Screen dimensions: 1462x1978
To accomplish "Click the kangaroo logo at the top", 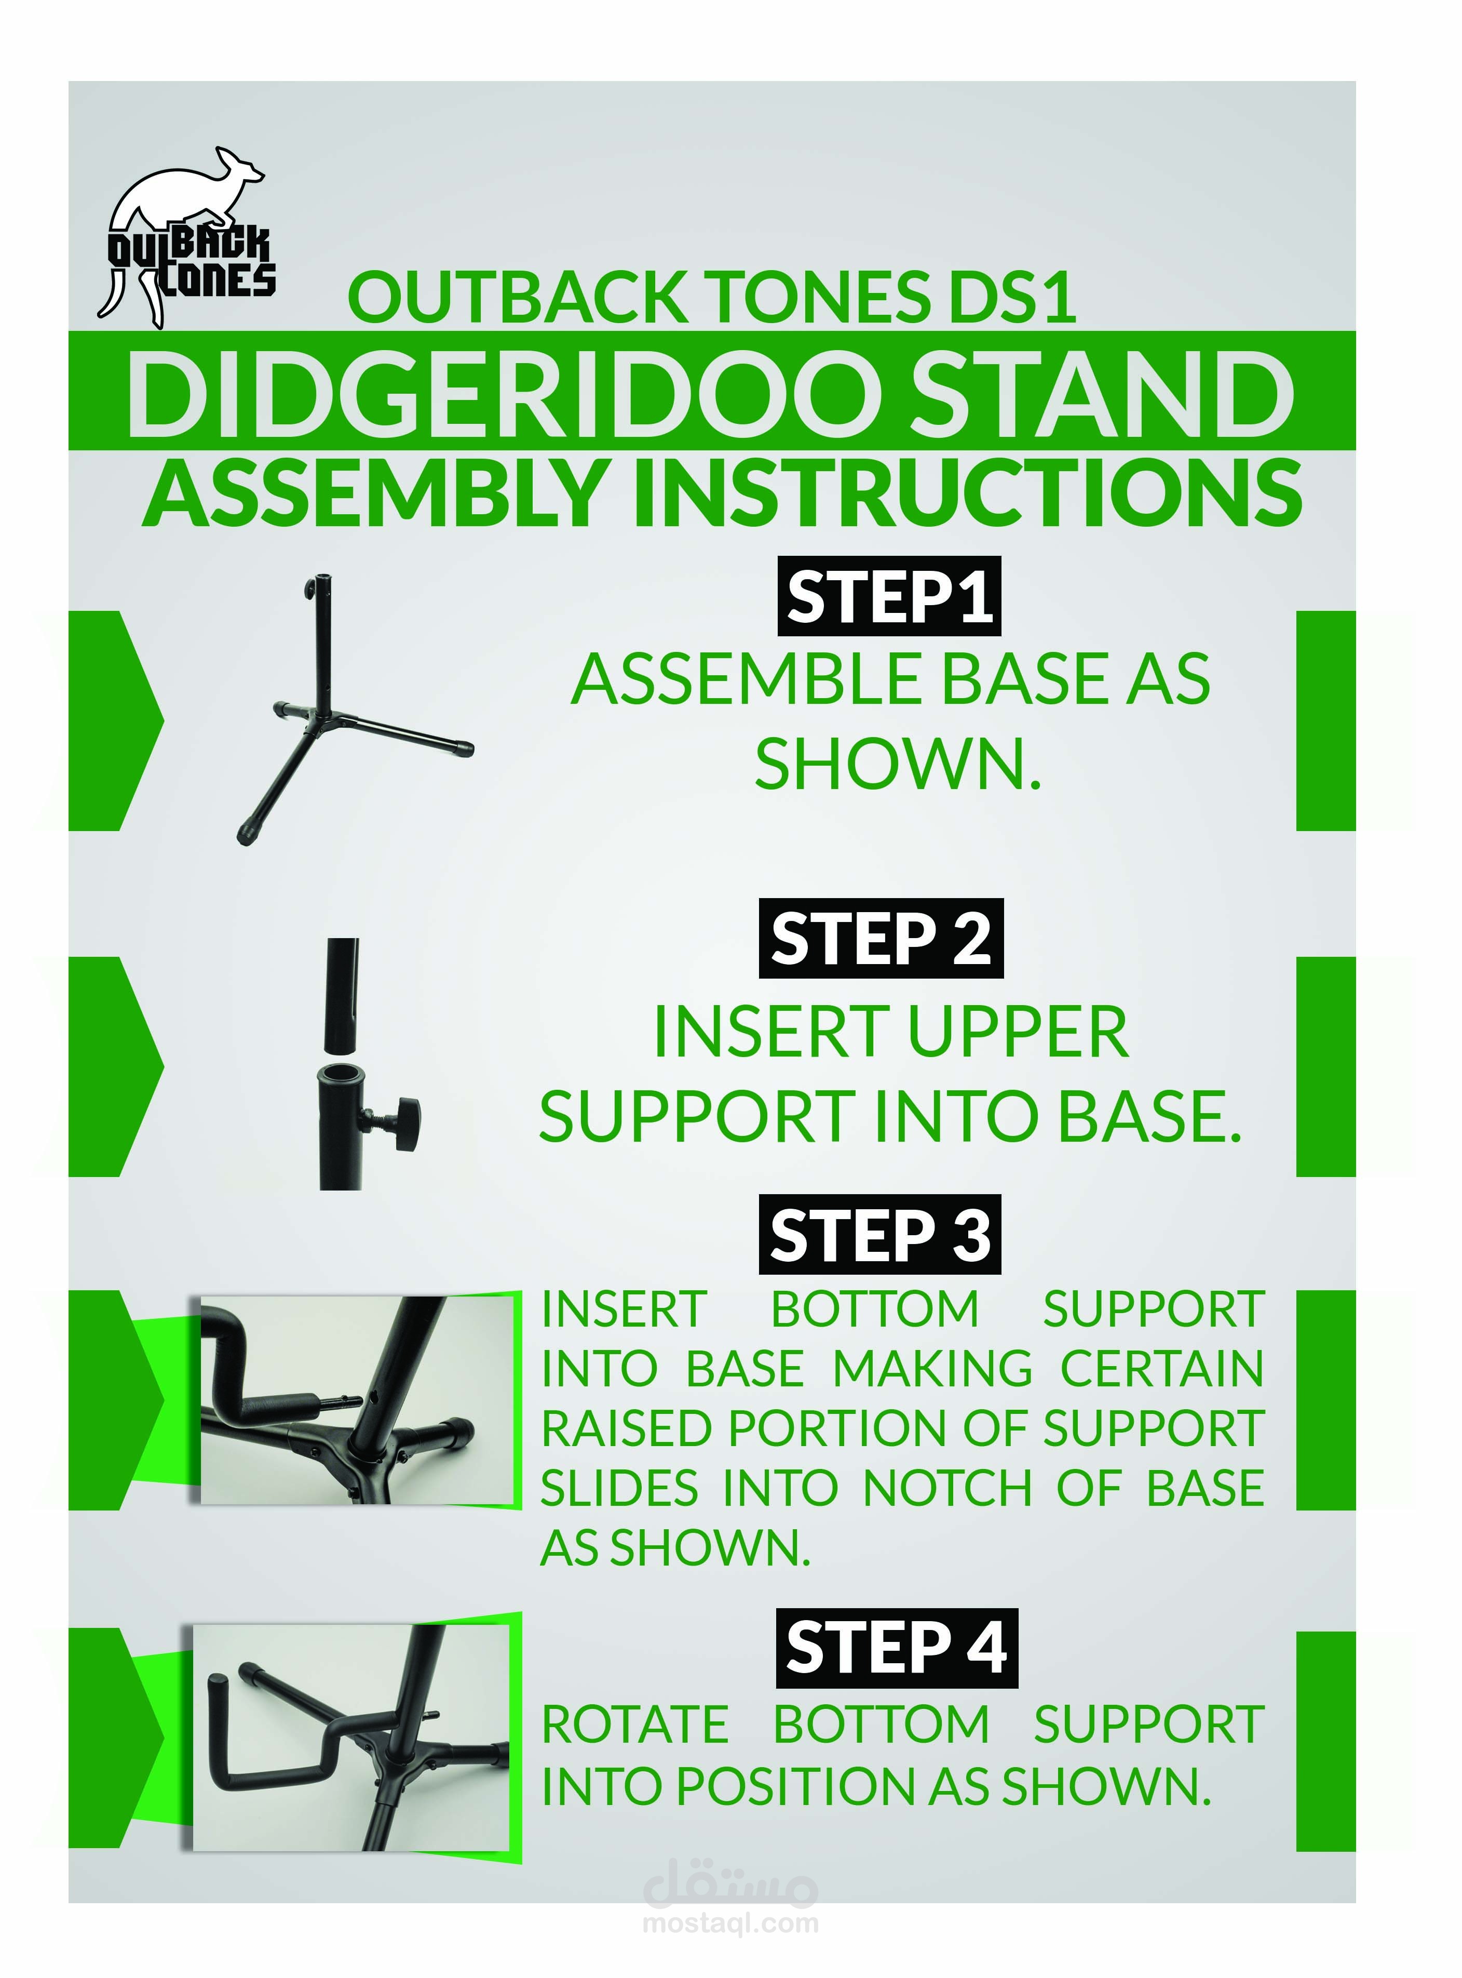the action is click(186, 237).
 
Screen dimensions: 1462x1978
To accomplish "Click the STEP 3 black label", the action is click(879, 1234).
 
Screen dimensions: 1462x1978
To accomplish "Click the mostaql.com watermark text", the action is click(731, 1922).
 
